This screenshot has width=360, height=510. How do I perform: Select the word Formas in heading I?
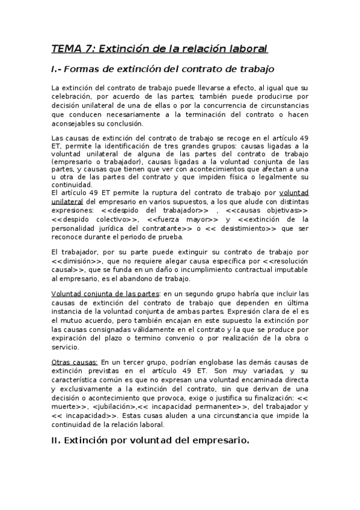(83, 69)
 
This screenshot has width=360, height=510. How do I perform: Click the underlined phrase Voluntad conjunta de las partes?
(106, 293)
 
